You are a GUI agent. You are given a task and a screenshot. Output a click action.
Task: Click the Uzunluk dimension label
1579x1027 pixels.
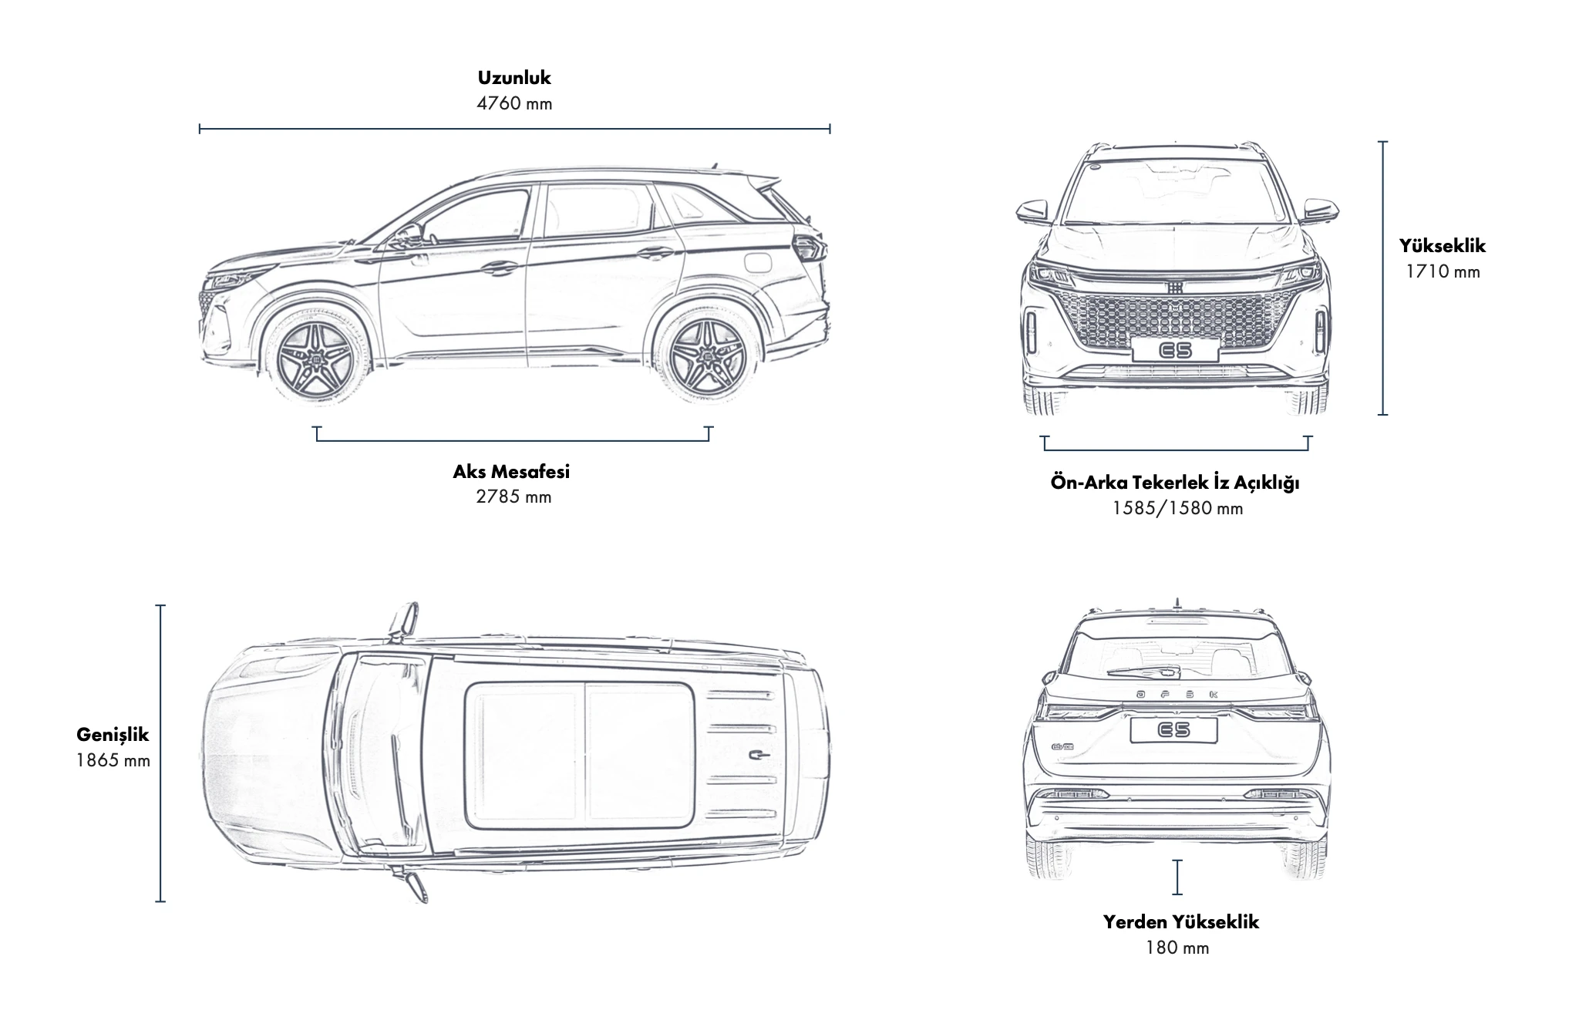pos(514,78)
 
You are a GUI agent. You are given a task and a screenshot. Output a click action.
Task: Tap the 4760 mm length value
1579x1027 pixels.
pos(514,103)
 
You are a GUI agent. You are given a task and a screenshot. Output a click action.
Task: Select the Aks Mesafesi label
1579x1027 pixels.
pos(511,471)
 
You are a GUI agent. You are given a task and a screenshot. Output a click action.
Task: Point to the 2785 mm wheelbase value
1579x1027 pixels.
pos(513,497)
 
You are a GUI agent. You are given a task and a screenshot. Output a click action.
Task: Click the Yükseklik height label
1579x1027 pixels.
pos(1442,246)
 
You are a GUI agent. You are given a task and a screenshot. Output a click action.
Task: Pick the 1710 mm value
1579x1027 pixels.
pos(1442,271)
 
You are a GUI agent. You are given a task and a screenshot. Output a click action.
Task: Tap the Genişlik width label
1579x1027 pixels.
pos(113,735)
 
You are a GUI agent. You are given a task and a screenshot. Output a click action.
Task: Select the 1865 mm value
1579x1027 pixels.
pos(113,760)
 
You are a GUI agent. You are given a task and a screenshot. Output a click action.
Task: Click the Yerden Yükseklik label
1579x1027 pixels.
pos(1180,922)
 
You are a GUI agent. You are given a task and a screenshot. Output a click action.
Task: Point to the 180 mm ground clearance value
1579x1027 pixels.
pos(1177,948)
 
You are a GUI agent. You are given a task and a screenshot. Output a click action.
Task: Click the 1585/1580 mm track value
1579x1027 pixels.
pos(1177,508)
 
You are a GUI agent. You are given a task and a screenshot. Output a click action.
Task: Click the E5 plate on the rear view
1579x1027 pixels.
pos(1173,729)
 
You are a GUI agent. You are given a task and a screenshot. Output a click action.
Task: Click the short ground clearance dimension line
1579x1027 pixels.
pos(1177,877)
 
